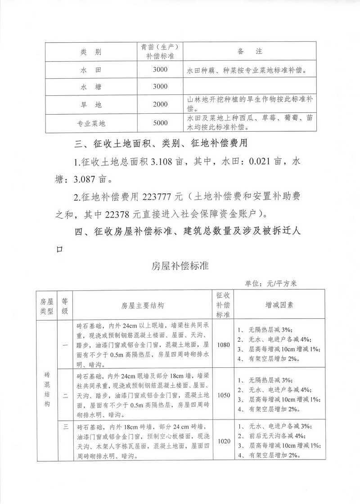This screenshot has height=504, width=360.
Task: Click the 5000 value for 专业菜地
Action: (160, 122)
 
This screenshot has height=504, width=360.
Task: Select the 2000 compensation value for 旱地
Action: (160, 105)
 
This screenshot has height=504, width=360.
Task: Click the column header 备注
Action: (250, 52)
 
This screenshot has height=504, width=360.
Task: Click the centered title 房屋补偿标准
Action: (180, 266)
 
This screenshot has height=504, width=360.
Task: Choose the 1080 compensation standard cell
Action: (223, 345)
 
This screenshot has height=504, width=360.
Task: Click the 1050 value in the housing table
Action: (223, 396)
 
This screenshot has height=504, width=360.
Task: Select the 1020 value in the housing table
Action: (223, 441)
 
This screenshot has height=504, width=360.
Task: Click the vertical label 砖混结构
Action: (47, 390)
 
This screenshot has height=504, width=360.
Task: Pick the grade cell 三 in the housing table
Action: (65, 427)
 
